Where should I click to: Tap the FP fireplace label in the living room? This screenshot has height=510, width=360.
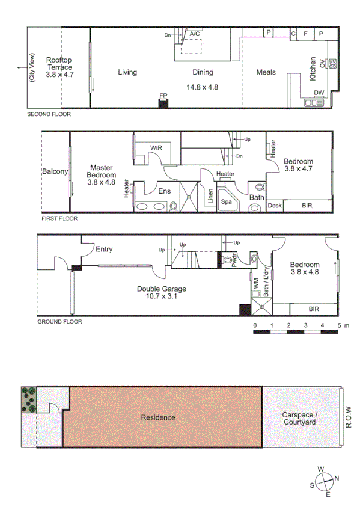click(x=163, y=96)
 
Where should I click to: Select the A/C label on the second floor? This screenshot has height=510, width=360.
click(x=195, y=35)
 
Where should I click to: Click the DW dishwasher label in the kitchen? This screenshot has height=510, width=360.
click(x=319, y=92)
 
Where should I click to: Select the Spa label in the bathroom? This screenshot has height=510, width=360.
click(x=227, y=202)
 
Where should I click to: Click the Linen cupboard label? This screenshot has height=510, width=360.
click(x=210, y=197)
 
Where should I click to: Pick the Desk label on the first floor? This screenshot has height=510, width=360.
click(x=275, y=206)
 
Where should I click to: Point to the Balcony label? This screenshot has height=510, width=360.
click(x=55, y=171)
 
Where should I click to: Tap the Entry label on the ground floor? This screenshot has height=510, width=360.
click(x=103, y=249)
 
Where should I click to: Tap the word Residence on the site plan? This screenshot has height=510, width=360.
click(x=158, y=417)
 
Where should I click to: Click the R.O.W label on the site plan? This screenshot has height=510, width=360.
click(x=349, y=417)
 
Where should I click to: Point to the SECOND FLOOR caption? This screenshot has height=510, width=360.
click(x=49, y=114)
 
